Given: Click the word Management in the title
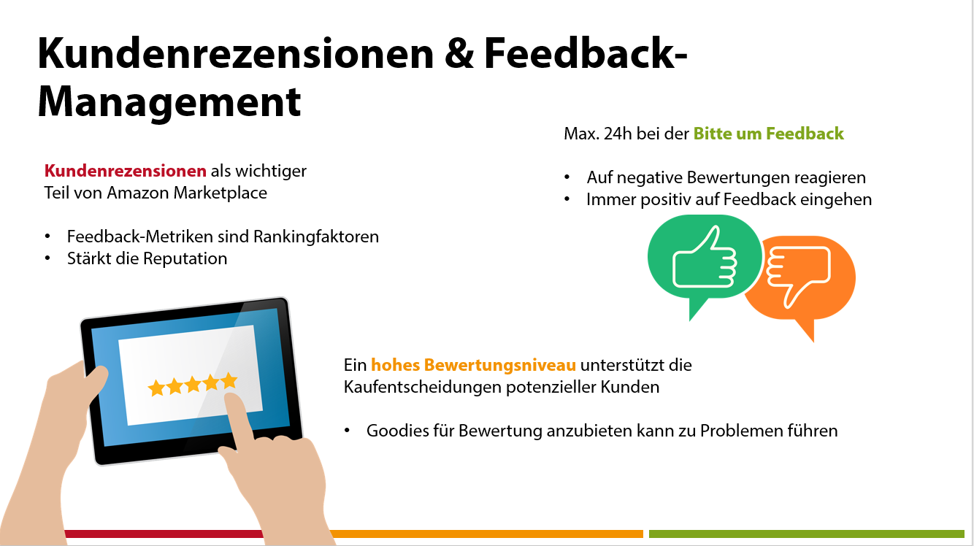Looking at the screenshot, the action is [169, 102].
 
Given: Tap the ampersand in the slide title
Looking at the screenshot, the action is [459, 53].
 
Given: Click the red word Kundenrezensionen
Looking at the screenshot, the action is [126, 171].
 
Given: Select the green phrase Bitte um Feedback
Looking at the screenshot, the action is [768, 134].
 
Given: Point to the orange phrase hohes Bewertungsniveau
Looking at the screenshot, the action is [474, 365].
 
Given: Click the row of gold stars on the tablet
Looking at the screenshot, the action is [193, 384].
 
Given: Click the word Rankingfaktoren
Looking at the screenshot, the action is [316, 237].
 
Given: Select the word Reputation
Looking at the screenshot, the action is [185, 258].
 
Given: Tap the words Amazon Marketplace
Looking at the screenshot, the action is [187, 193].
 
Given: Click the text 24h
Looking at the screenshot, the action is [618, 134].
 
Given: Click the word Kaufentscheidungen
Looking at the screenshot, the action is [423, 387].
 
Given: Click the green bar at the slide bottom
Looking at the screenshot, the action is [806, 534].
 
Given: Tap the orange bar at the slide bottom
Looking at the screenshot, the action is [486, 534].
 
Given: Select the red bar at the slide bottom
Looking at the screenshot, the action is [164, 534].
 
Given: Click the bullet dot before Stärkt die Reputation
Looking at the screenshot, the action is [47, 258].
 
